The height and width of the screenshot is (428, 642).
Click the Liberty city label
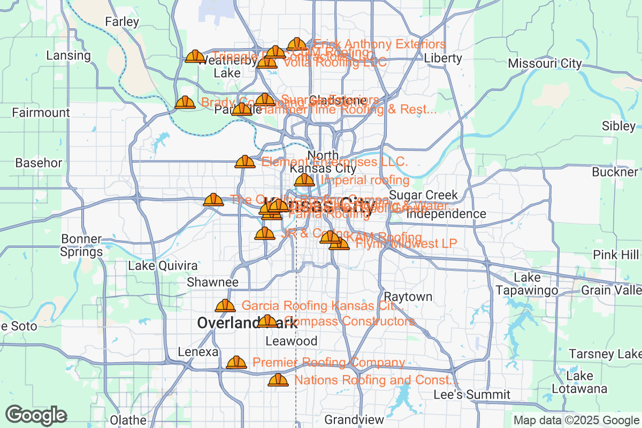tap(442, 58)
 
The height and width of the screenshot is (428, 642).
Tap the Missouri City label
tap(545, 63)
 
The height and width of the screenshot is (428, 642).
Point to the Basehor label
tap(39, 163)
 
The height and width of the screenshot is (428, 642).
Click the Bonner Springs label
tap(81, 245)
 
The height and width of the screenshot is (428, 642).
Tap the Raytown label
tap(408, 296)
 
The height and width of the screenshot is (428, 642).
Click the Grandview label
tap(354, 419)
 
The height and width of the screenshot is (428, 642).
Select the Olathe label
tap(128, 420)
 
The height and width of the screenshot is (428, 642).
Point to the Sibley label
tap(618, 126)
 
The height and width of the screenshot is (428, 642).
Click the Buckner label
tap(615, 172)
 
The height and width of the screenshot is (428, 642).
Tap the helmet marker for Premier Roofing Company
tap(236, 363)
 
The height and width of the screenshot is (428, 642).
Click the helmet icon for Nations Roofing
tap(278, 380)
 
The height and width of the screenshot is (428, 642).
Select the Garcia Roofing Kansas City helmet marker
tap(225, 306)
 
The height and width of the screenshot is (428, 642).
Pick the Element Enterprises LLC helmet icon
tap(245, 162)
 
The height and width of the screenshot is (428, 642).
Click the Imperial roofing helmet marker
tap(304, 180)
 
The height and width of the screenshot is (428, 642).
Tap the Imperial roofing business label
tap(365, 180)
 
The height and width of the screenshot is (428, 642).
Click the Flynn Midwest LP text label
tap(406, 243)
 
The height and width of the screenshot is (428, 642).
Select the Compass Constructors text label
tap(350, 321)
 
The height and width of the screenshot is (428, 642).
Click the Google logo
tap(36, 415)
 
